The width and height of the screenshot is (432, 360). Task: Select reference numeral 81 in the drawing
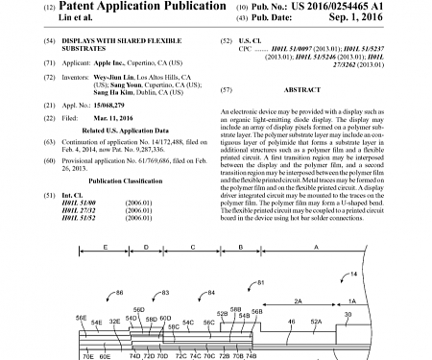pyautogui.click(x=261, y=282)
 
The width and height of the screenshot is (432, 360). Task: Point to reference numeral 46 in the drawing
pyautogui.click(x=292, y=321)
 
